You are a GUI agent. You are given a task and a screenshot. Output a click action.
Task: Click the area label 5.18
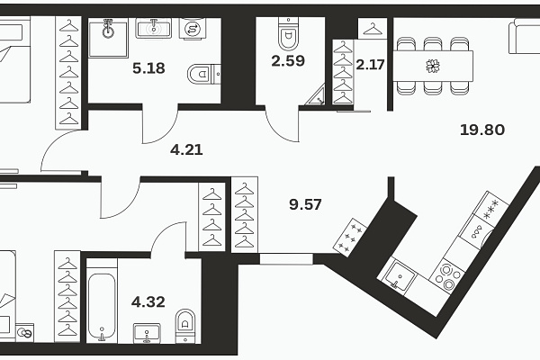click(x=148, y=68)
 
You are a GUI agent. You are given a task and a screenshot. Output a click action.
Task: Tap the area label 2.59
click(x=288, y=60)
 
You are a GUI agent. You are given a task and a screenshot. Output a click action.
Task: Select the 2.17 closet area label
click(x=370, y=65)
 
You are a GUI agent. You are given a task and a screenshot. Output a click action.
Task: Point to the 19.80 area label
click(x=482, y=130)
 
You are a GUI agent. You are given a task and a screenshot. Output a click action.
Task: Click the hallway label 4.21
click(x=186, y=150)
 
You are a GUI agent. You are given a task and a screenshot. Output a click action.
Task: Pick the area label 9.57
click(x=305, y=204)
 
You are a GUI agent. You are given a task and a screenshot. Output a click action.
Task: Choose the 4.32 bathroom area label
click(x=148, y=301)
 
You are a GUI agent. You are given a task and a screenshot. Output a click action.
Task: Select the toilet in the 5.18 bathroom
click(x=204, y=74)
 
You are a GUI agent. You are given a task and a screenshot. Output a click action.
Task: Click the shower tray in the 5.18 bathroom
click(x=108, y=38)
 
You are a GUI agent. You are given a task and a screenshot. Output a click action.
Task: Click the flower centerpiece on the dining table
click(x=433, y=66)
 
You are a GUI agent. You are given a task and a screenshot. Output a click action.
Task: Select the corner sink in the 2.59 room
click(x=317, y=95)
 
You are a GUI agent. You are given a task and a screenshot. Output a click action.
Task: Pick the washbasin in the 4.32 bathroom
click(x=147, y=333)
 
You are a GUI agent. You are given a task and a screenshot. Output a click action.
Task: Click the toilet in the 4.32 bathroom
click(x=185, y=326)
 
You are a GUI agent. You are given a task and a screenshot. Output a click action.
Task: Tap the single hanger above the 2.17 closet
click(x=373, y=29)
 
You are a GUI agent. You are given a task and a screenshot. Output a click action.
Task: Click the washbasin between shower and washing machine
click(x=154, y=28)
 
